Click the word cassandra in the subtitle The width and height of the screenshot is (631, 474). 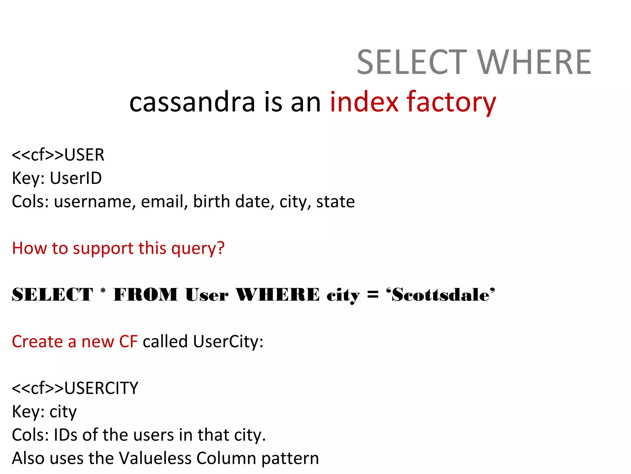point(192,102)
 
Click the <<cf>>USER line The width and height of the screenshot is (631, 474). point(58,155)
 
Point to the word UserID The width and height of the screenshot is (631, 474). point(76,178)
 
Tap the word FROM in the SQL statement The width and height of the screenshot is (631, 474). point(146,294)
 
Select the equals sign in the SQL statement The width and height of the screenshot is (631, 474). point(372,295)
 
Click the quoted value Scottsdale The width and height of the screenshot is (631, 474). point(441,295)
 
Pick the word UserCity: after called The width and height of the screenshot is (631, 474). point(228,342)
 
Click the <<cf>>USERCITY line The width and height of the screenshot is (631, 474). point(75,388)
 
